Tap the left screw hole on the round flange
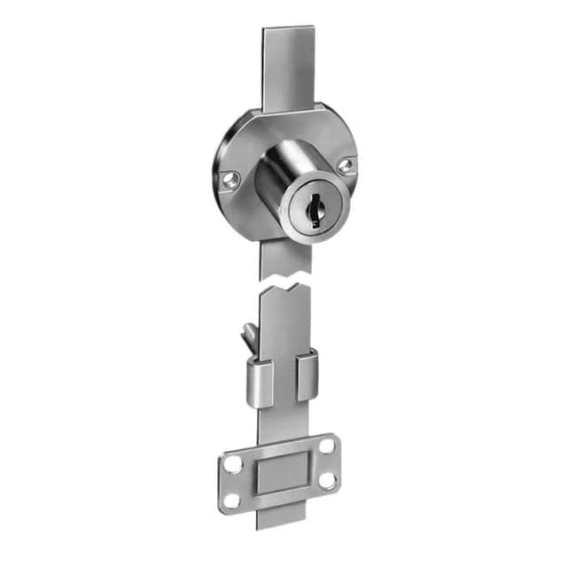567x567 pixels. tap(232, 180)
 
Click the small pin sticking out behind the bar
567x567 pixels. tap(250, 334)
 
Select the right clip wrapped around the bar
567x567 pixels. tap(307, 374)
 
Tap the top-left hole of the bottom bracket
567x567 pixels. tap(234, 463)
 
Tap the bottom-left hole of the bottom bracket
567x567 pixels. tap(233, 500)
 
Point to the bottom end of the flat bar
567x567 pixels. tap(282, 523)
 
